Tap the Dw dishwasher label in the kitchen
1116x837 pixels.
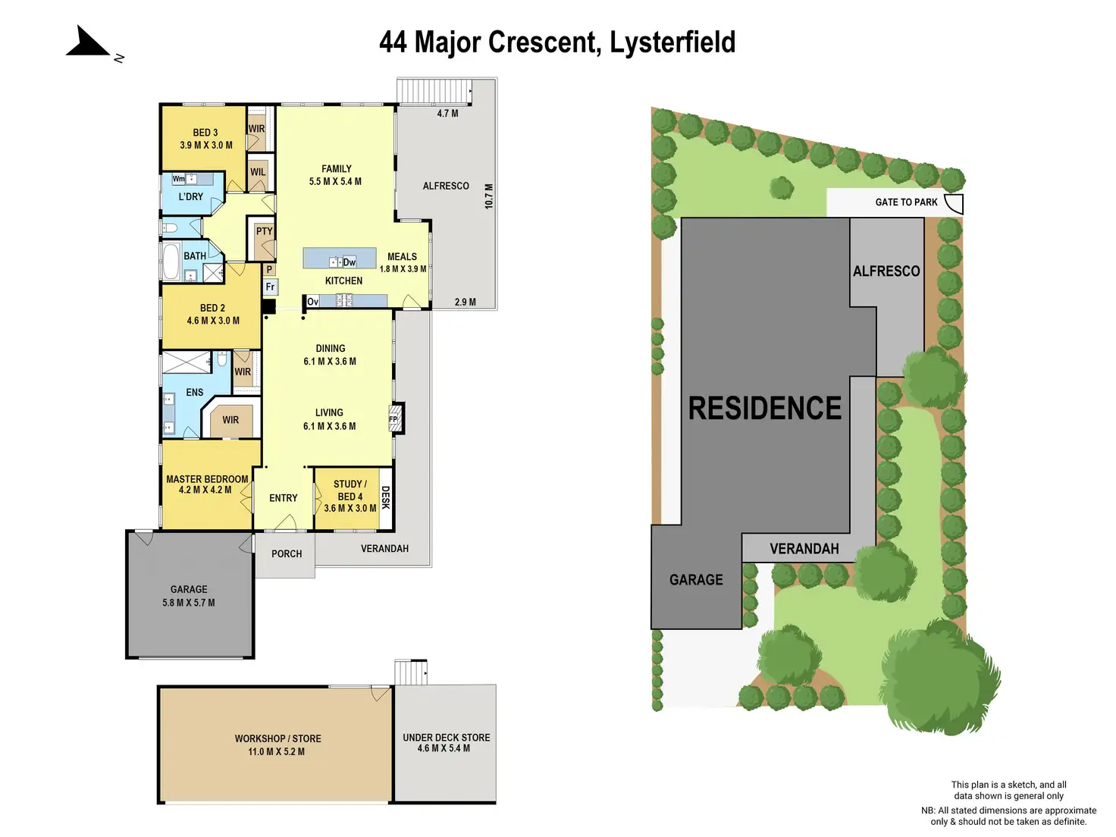(349, 262)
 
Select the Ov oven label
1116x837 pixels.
(312, 302)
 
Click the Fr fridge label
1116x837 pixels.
(270, 287)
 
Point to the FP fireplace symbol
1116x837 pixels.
(394, 418)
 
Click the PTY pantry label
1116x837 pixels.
(264, 231)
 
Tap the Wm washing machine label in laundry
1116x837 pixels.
(178, 179)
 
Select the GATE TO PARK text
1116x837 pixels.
(906, 202)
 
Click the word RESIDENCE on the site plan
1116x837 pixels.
(764, 409)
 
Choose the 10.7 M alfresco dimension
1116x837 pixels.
(489, 196)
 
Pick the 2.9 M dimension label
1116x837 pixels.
(466, 302)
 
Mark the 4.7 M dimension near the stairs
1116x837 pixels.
(447, 114)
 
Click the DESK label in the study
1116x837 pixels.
(385, 497)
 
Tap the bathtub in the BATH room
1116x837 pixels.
(171, 262)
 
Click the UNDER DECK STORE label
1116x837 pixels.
(446, 737)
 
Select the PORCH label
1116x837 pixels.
(287, 554)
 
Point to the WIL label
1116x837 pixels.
(258, 172)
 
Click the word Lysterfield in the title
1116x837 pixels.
(672, 42)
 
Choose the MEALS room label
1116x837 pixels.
(402, 257)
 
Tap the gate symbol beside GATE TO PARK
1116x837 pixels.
(954, 203)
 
